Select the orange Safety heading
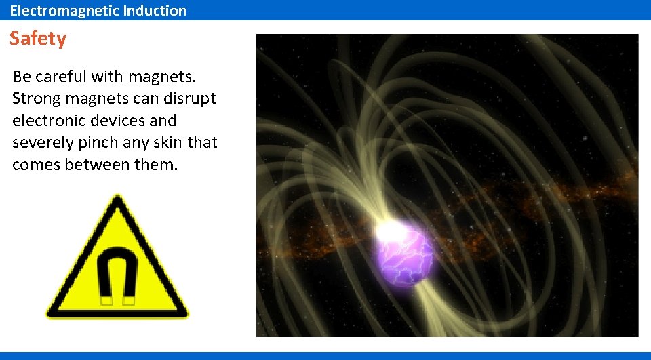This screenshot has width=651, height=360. tap(38, 39)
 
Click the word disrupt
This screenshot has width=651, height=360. tap(191, 98)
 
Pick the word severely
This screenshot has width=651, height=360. tap(41, 143)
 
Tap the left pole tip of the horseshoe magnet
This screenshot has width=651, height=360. tap(106, 299)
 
